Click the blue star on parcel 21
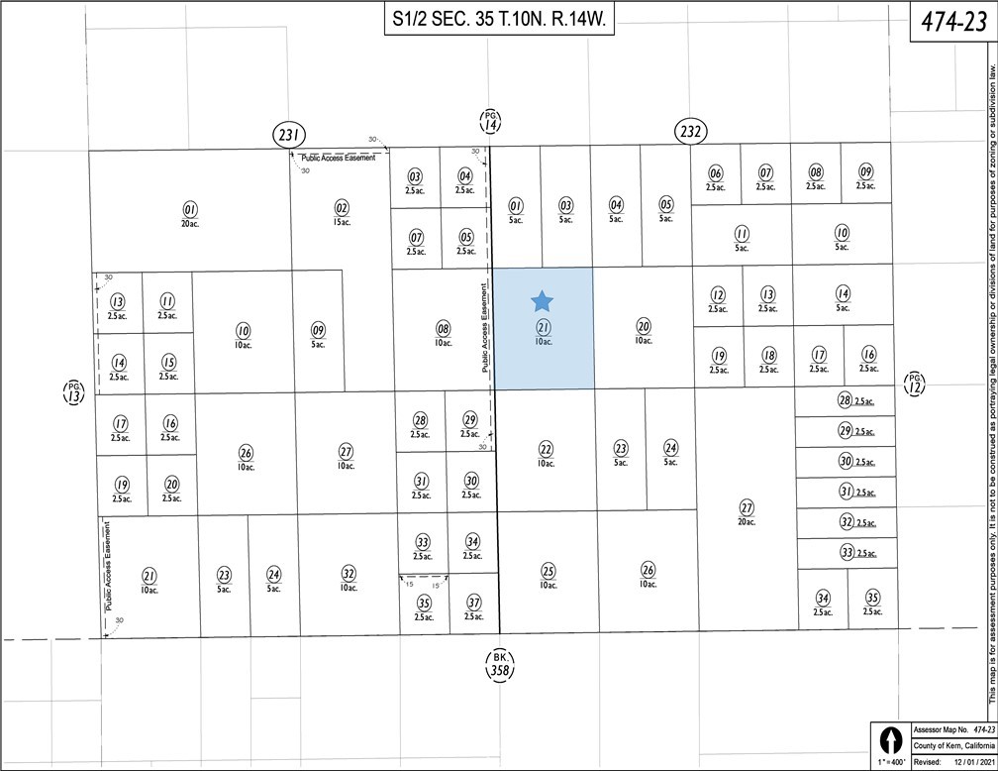tap(543, 300)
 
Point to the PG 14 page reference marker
tap(490, 121)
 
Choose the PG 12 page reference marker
tap(914, 383)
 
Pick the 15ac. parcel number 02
tap(342, 208)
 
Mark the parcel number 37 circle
tap(473, 602)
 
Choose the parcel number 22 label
tap(546, 448)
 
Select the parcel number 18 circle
tap(768, 354)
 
